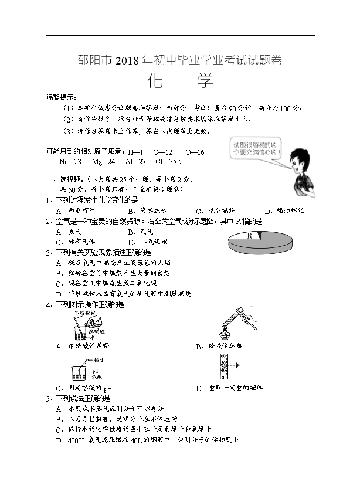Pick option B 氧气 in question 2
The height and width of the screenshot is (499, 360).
141,231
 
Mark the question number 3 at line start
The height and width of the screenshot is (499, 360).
49,252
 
